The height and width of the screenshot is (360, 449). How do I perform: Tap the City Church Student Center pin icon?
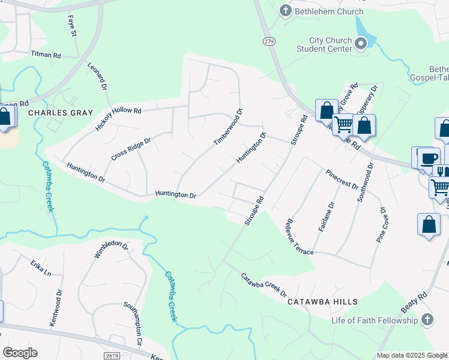[361, 43]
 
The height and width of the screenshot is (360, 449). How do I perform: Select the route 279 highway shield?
[268, 40]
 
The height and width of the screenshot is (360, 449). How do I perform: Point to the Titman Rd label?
[46, 54]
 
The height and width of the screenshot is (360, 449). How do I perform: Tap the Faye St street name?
[73, 25]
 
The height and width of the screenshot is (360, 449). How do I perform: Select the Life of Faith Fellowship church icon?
[427, 320]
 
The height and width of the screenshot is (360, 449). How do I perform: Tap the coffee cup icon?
[429, 158]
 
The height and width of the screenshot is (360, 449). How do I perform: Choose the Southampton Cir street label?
[131, 325]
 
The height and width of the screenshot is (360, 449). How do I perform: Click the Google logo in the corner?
[20, 353]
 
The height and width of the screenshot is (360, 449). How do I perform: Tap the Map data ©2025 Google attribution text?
[412, 355]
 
